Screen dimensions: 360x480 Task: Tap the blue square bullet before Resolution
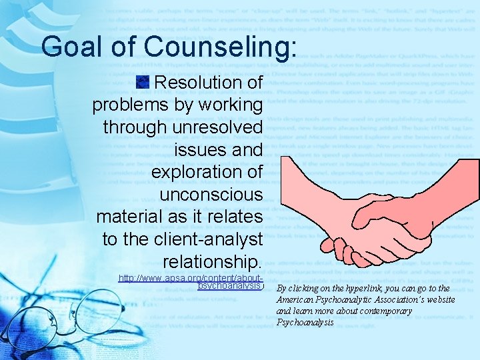coord(141,82)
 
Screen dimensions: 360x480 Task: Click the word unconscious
coord(211,194)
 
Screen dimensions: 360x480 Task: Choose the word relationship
coord(213,261)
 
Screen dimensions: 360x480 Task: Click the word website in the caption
coord(440,300)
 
